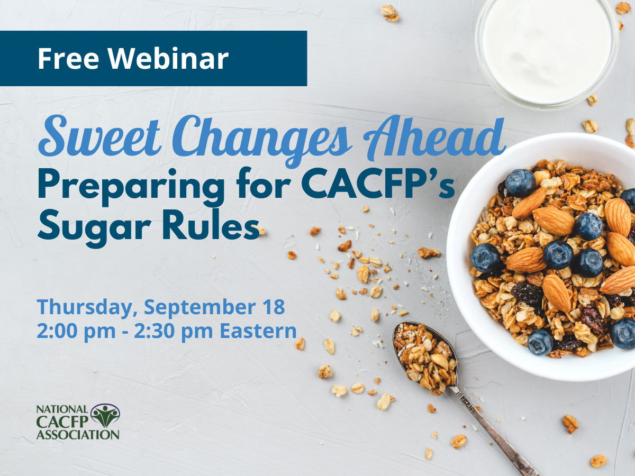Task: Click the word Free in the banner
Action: (69, 59)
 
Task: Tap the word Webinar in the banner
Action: (169, 59)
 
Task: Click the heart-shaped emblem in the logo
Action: (105, 415)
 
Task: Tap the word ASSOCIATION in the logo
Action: (78, 435)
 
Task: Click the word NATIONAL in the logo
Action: (62, 409)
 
